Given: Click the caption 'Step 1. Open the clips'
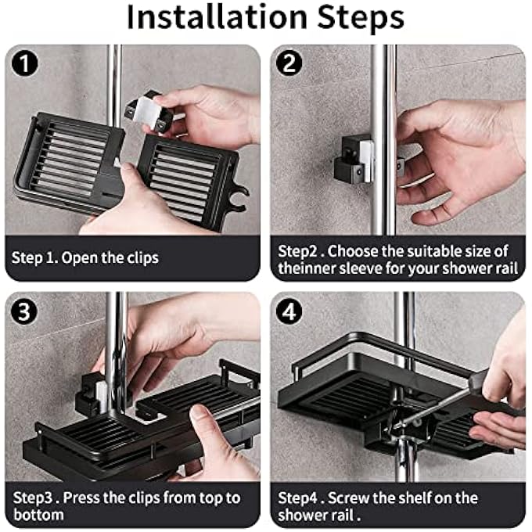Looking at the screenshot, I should pyautogui.click(x=84, y=257).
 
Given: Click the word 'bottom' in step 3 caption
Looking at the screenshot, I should pyautogui.click(x=38, y=516).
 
